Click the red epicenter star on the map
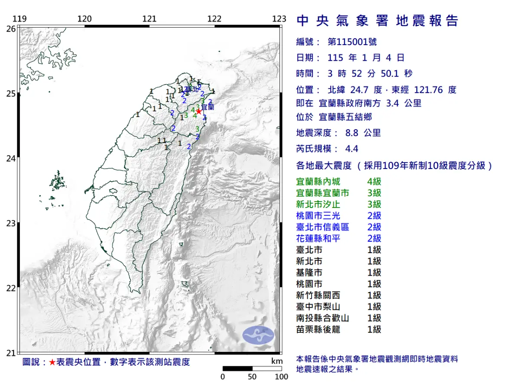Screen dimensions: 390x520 (x=199, y=111)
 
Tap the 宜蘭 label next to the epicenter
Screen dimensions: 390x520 (x=208, y=105)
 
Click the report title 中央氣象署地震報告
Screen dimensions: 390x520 (x=377, y=21)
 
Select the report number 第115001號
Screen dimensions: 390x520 (x=352, y=42)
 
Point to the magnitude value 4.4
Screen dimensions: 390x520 (x=351, y=149)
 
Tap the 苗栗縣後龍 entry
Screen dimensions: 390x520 (x=318, y=329)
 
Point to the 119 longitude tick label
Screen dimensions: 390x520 (x=20, y=19)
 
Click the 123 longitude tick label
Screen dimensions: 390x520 (x=279, y=19)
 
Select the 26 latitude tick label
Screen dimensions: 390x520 (x=11, y=29)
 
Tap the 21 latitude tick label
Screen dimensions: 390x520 (x=11, y=353)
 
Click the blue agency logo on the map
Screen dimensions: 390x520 (x=258, y=335)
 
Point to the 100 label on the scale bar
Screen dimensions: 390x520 (x=281, y=377)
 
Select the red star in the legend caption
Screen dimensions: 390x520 (x=52, y=362)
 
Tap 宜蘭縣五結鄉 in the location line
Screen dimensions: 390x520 (x=345, y=117)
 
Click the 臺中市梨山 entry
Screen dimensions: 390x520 (x=318, y=307)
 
